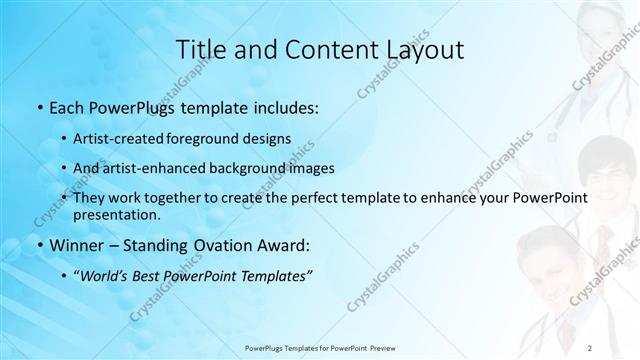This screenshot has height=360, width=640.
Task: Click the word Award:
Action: [x=284, y=245]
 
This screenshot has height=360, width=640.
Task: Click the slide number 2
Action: [x=590, y=347]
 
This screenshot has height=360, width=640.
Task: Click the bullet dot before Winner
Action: [x=38, y=246]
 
